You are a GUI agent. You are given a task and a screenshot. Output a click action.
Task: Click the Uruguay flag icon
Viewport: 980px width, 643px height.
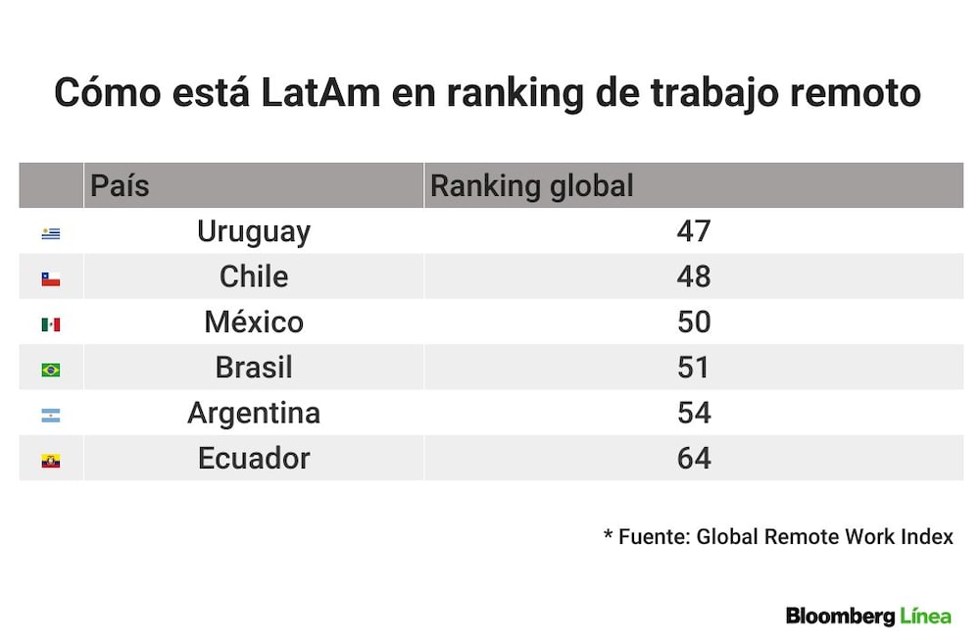click(51, 233)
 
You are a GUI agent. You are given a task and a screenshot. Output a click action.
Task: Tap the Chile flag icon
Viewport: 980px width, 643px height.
click(51, 278)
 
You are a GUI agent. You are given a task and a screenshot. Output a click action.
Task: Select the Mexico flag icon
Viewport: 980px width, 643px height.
click(51, 324)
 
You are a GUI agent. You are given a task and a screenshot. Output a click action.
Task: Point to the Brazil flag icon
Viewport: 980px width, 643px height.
click(51, 370)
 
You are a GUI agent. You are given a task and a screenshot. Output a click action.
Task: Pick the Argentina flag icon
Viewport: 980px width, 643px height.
click(51, 416)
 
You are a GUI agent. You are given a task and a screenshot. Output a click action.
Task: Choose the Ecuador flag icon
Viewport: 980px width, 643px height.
click(51, 461)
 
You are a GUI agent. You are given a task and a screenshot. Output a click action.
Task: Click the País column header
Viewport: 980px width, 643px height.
click(120, 185)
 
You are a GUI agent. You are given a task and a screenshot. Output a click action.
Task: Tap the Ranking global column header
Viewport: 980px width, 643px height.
click(532, 185)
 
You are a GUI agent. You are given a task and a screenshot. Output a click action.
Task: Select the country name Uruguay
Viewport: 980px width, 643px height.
click(254, 232)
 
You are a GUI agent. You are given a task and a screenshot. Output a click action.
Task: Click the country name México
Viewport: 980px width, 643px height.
click(254, 321)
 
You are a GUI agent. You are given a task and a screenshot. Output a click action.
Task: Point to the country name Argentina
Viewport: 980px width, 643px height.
click(254, 414)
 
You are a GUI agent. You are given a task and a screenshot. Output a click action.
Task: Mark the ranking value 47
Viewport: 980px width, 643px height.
click(694, 231)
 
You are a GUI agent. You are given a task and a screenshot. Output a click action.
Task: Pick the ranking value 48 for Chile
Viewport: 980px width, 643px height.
click(694, 276)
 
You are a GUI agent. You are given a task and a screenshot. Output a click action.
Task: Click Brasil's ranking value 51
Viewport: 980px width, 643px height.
click(694, 368)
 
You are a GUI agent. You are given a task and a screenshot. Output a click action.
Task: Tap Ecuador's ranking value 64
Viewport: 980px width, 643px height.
click(694, 459)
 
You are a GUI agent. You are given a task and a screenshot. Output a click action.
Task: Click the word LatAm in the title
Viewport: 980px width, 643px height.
click(320, 92)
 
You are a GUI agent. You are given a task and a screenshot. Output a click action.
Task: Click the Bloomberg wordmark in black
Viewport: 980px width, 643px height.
click(841, 617)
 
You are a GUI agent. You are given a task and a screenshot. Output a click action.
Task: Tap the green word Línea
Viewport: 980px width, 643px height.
click(926, 616)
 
